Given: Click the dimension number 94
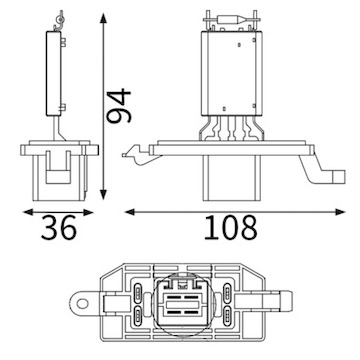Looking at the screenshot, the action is [119, 106].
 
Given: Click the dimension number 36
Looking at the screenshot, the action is [59, 228].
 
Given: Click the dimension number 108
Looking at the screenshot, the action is [231, 228].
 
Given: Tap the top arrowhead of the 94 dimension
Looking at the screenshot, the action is [104, 18].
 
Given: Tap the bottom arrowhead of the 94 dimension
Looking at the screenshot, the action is [104, 195].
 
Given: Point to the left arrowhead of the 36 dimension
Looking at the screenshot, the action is [28, 212].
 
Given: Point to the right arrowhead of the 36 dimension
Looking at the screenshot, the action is [88, 212].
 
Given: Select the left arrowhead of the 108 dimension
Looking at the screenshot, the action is [130, 212].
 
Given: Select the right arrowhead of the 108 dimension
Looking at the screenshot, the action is [340, 212].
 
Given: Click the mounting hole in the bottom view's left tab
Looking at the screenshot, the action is [82, 304].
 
